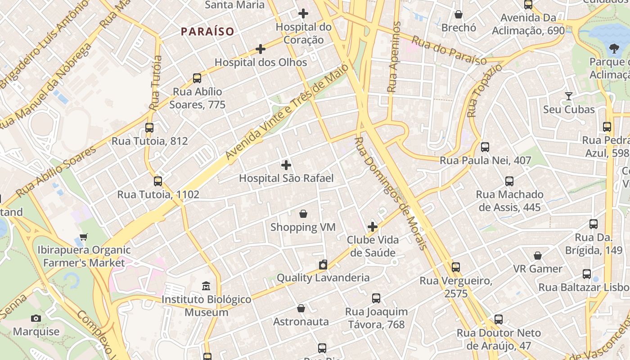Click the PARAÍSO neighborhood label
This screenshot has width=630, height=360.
point(207,31)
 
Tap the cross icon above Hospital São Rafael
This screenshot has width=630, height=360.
point(286,165)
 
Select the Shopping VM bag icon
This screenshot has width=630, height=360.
point(303,214)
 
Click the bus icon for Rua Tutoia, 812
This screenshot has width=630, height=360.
point(149,128)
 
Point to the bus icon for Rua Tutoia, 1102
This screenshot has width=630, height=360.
point(157,181)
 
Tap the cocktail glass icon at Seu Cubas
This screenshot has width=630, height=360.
point(569,96)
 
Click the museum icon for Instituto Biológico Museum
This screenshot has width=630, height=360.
point(206,286)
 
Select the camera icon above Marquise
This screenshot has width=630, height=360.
point(36,319)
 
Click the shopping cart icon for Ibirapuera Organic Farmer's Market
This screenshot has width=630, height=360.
point(83,237)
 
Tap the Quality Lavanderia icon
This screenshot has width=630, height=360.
point(323,265)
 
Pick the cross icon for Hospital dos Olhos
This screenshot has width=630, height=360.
point(261,49)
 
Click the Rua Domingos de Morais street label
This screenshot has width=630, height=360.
point(390,193)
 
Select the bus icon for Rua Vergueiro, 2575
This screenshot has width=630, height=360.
point(456,267)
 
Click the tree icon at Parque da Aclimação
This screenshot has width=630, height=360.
point(613,49)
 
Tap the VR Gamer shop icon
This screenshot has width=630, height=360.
point(538,256)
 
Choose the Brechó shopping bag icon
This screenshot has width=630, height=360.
point(459,15)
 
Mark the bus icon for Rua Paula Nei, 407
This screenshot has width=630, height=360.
point(485,147)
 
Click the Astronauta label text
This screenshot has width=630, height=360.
point(301,322)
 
